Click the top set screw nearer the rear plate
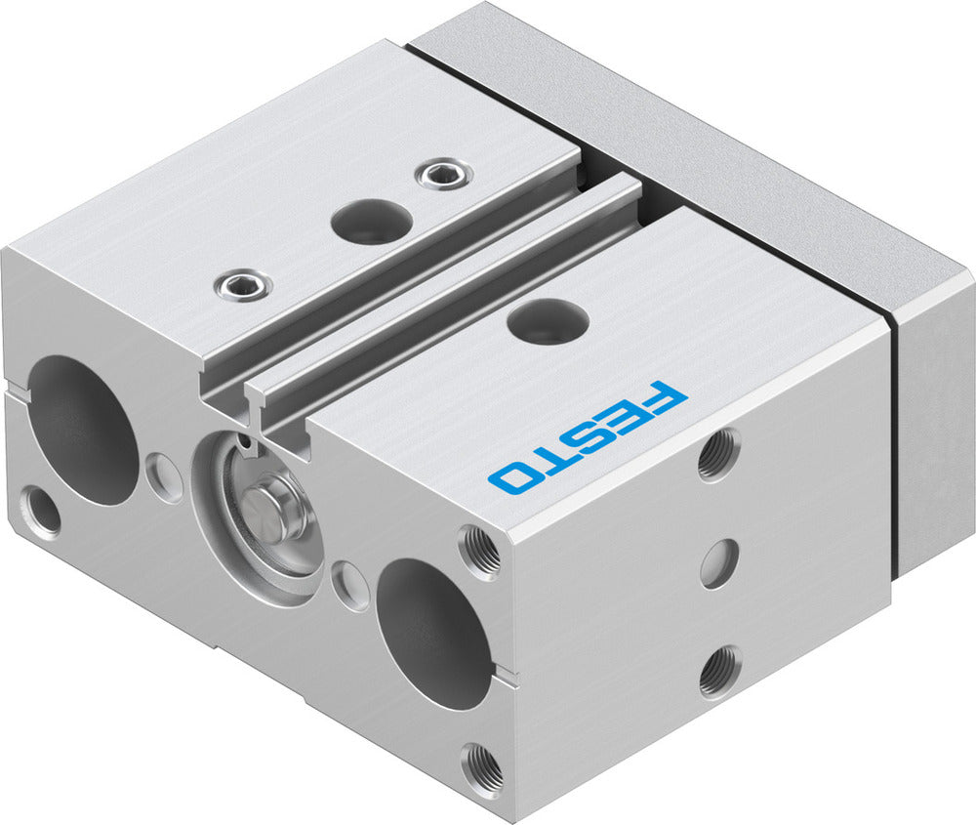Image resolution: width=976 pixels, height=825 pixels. tap(443, 175)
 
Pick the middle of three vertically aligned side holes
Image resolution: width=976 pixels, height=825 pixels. tap(718, 562)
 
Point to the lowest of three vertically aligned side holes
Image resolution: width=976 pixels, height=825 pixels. tap(719, 671)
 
